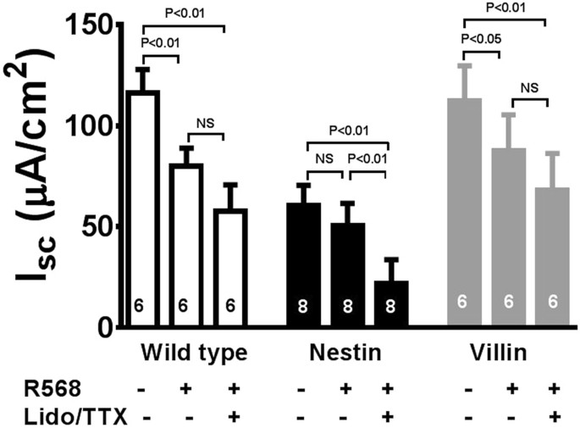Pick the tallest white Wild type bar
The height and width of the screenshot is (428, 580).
142,208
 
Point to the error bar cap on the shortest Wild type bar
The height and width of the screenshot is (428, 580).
229,183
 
